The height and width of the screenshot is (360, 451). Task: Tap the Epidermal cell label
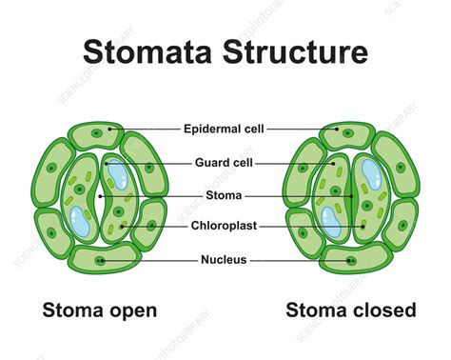(225, 127)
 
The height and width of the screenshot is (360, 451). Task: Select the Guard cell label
(225, 163)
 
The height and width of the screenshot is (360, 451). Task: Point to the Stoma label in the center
(225, 197)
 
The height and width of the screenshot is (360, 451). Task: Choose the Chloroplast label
(225, 227)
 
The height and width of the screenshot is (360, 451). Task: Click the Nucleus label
(225, 259)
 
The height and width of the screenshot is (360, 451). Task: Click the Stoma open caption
(99, 310)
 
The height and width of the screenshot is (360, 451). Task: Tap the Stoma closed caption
(352, 310)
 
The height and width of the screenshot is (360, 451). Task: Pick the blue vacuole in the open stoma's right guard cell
(117, 172)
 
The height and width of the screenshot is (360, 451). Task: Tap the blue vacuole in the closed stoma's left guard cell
(332, 222)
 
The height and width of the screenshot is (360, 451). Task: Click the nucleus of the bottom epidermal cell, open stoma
(99, 260)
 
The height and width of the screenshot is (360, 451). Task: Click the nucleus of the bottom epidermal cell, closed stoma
(350, 260)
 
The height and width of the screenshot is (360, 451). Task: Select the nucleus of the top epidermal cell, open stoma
(110, 130)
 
